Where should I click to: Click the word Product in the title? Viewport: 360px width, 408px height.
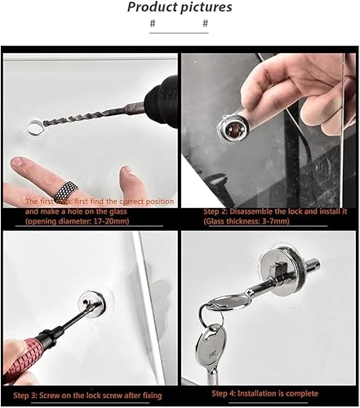pyautogui.click(x=152, y=7)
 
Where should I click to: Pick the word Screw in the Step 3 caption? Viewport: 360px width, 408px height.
pyautogui.click(x=51, y=394)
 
